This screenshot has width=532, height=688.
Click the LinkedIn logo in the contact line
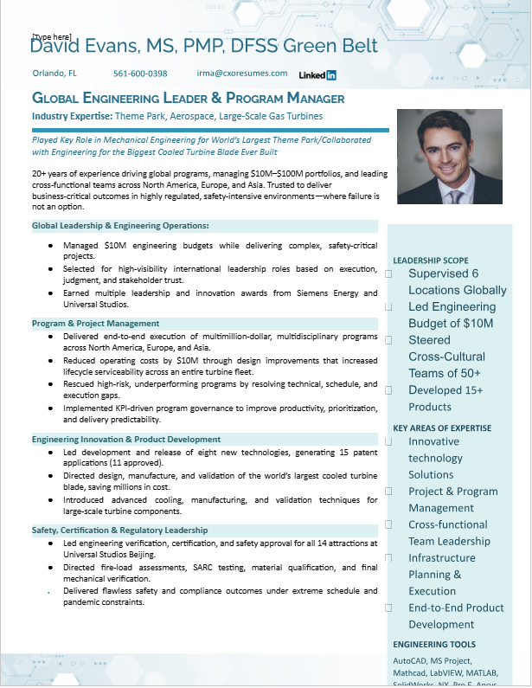317,75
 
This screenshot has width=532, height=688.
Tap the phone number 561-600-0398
140,74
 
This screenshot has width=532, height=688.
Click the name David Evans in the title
81,46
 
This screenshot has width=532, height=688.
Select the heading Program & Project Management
95,324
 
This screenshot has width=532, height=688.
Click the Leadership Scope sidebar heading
431,260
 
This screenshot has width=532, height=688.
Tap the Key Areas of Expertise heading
442,428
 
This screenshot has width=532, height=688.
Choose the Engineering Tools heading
434,645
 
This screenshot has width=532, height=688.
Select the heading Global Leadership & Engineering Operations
120,226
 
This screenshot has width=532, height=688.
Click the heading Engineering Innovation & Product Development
126,440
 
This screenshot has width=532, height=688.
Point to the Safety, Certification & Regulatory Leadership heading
120,530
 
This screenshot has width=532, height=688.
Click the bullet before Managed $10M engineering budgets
51,246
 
